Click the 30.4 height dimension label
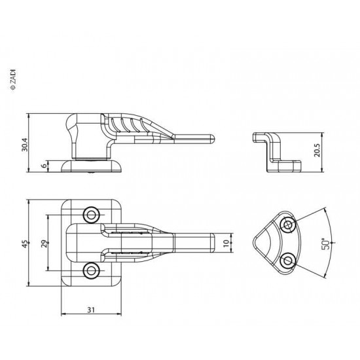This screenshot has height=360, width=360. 25,145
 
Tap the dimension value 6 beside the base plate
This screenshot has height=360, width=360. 45,166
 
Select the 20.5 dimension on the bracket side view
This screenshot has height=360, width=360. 317,151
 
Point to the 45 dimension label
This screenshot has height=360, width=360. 26,244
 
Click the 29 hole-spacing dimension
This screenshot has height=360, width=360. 45,243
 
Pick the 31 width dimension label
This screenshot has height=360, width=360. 91,310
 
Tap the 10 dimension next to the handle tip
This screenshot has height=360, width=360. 226,243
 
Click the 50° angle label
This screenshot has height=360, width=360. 326,243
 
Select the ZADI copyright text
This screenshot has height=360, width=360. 13,79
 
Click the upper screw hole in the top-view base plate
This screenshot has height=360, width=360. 91,215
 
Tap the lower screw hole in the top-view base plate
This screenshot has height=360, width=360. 91,271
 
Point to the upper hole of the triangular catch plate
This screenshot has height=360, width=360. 288,225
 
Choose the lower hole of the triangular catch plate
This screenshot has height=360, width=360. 288,261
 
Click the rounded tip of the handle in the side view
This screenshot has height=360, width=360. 212,139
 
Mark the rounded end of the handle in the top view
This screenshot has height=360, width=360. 213,243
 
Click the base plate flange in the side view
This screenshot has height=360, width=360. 91,166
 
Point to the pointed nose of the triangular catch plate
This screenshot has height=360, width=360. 255,242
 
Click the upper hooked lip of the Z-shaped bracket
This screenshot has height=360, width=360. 259,137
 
